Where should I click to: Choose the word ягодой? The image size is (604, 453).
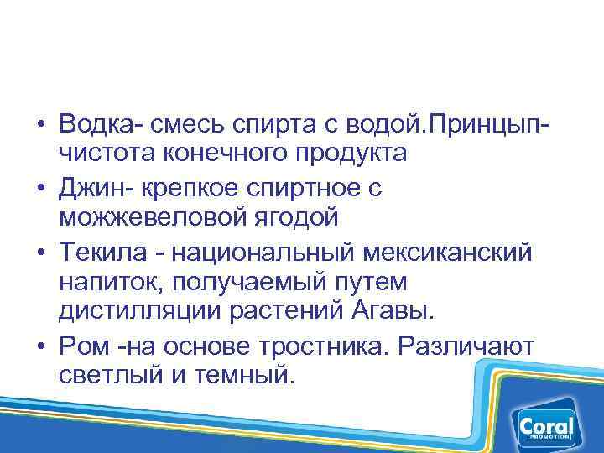click(296, 217)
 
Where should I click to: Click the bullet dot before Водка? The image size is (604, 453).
click(40, 125)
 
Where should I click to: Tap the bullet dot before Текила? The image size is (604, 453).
click(40, 250)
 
